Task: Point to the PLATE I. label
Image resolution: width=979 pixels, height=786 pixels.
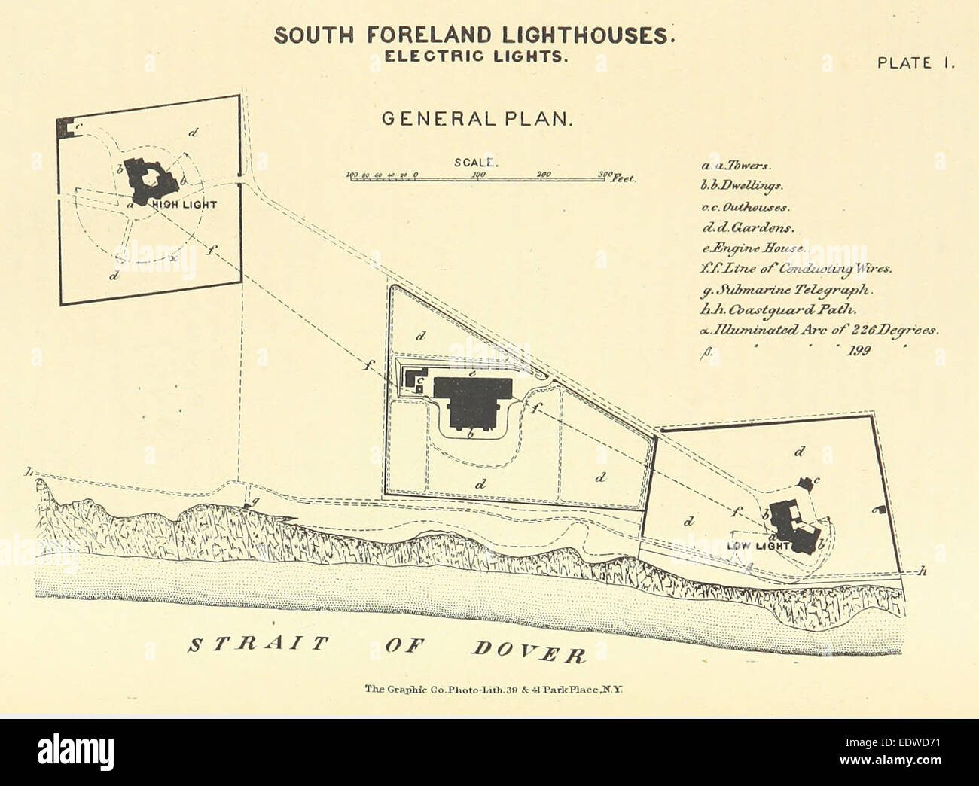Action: click(916, 63)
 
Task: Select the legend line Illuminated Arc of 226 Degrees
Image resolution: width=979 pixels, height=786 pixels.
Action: click(819, 329)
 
